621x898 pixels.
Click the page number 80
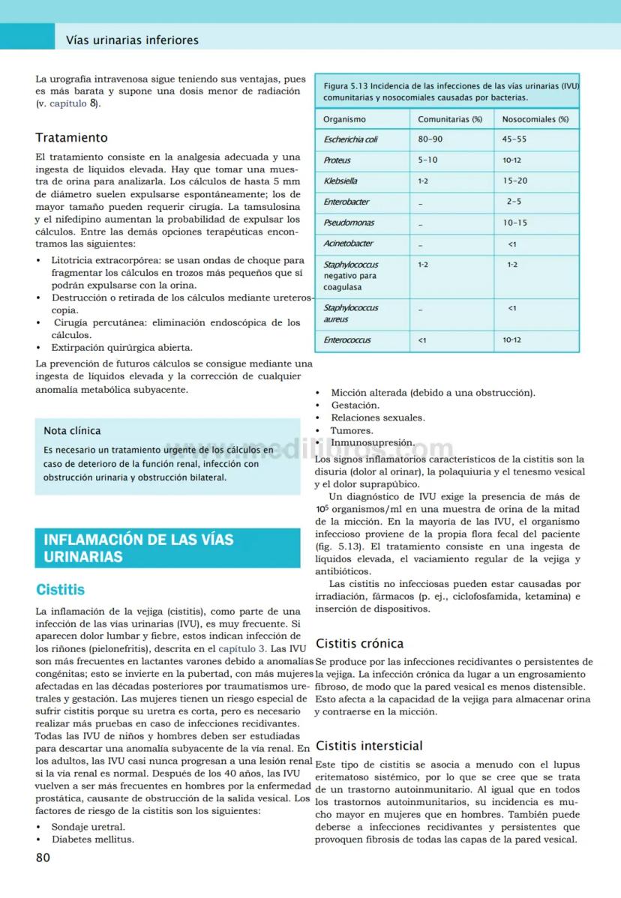43,858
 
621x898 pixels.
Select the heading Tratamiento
71,138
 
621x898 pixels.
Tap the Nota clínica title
72,431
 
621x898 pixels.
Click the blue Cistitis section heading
61,590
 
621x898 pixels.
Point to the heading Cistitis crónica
359,643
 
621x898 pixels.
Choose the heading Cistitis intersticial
369,746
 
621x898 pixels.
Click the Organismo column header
344,119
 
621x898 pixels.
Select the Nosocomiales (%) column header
535,119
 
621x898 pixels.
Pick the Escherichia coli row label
350,139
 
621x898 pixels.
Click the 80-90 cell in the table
430,139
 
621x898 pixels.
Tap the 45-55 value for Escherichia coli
514,139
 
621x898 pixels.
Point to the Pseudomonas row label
349,223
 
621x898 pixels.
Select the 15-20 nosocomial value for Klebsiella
516,181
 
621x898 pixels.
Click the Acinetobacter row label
348,244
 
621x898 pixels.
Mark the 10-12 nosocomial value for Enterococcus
511,340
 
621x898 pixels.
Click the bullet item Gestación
355,406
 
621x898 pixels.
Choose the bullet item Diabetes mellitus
92,840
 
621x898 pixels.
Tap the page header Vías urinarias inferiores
132,40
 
